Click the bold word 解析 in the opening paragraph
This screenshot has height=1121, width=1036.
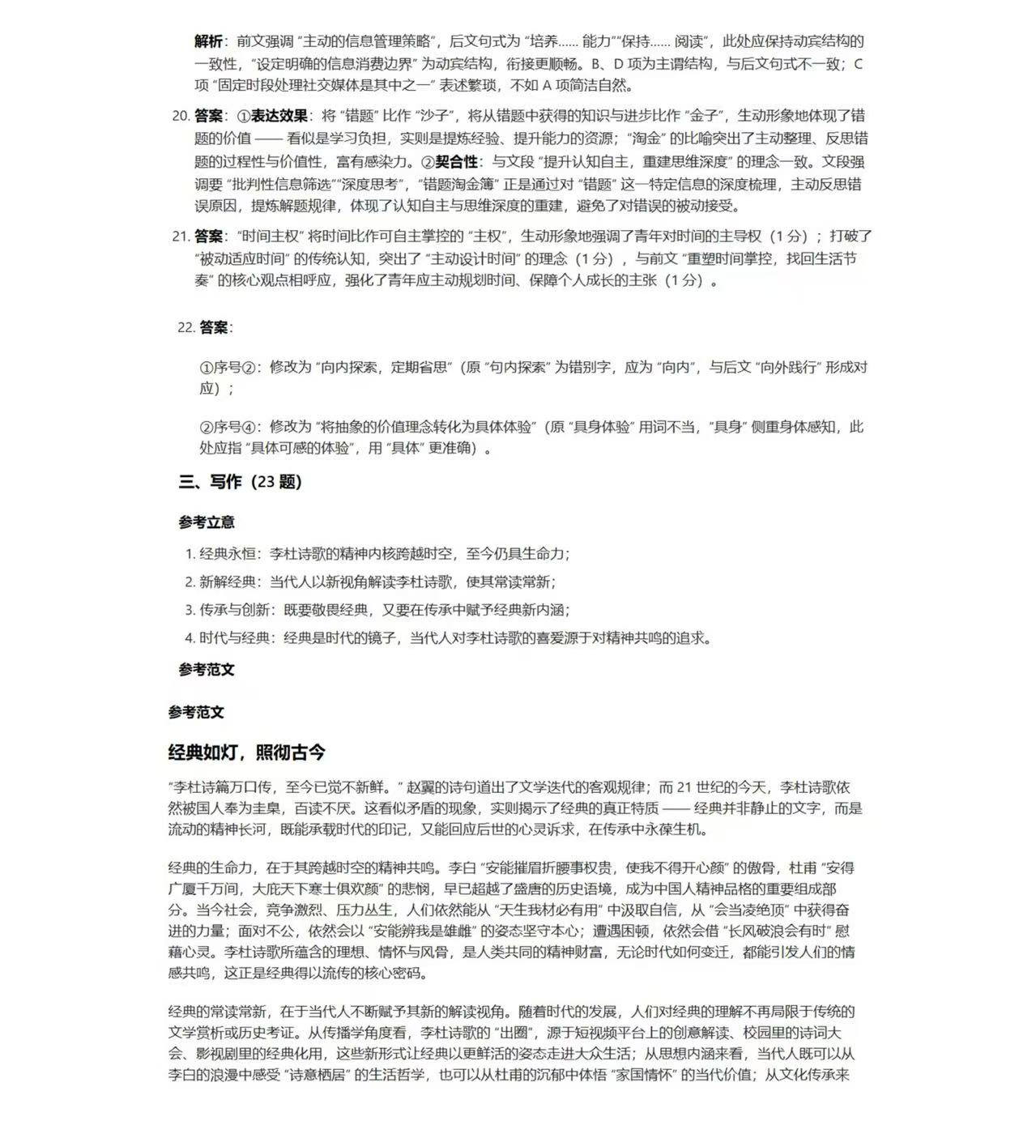208,41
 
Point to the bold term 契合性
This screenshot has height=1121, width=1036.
456,161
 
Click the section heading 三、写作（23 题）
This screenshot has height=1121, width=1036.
240,482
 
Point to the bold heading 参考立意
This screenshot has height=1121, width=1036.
207,522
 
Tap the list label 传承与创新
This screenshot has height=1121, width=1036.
234,610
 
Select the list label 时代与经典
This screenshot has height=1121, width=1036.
234,638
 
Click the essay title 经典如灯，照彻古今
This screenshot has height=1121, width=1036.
246,752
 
